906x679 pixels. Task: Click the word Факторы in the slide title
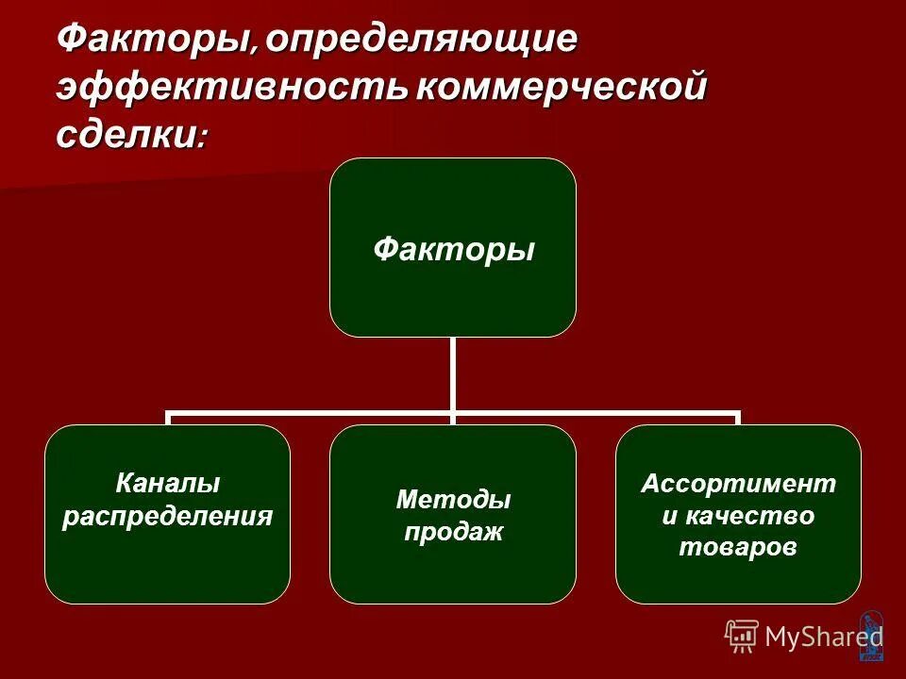click(x=155, y=40)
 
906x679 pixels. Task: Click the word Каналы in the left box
click(x=168, y=484)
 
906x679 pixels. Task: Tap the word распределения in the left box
click(x=168, y=516)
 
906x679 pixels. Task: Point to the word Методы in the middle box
click(x=453, y=500)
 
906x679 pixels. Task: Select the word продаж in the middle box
click(x=453, y=532)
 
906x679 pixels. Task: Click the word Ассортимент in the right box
click(x=739, y=484)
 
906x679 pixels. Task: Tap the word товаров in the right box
click(x=739, y=547)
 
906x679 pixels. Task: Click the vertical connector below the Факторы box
click(x=453, y=373)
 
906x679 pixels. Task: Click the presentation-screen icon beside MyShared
click(x=742, y=637)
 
